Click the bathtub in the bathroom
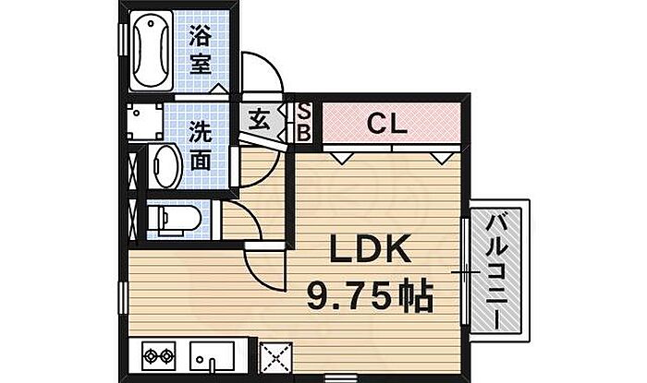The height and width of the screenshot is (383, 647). [x=151, y=50]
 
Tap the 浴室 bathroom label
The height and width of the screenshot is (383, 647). [x=201, y=50]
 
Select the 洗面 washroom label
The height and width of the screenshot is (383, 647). [x=201, y=146]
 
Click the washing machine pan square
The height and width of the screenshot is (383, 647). [x=145, y=122]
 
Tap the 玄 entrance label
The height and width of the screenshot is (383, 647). [x=259, y=121]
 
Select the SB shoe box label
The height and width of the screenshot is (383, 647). [x=304, y=123]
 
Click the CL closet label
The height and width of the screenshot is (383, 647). [x=387, y=123]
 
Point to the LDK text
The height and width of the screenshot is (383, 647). [x=370, y=249]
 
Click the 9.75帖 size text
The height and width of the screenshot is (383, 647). [x=370, y=296]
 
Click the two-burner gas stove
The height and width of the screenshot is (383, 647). [x=158, y=356]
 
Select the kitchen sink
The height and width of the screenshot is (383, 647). [x=212, y=356]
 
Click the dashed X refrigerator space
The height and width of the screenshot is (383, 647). [x=275, y=357]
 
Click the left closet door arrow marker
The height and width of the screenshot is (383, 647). [x=342, y=158]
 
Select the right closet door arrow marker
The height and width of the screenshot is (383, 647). [x=441, y=158]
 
